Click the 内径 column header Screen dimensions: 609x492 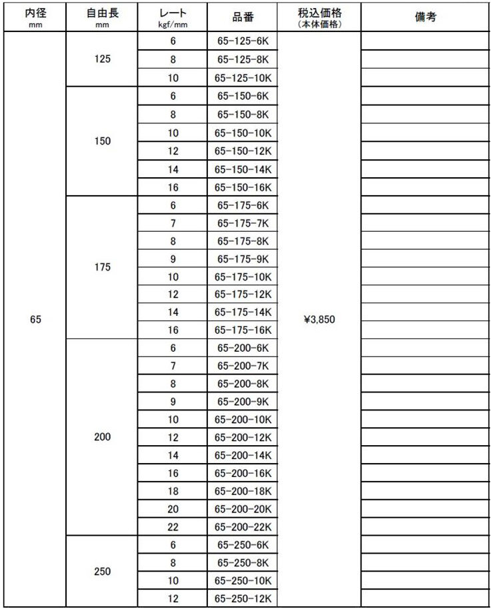coord(36,17)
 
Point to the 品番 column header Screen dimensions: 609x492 coord(243,17)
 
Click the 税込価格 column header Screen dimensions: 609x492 coord(318,17)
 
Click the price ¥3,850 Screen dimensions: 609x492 coord(319,320)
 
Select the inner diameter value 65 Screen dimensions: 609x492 coord(36,320)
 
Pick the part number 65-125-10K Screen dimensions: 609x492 coord(243,77)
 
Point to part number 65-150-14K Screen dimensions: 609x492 coord(243,169)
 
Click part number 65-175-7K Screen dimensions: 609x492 coord(243,223)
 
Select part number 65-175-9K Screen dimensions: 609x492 coord(243,259)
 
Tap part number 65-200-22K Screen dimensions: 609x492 coord(243,527)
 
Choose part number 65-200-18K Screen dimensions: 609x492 coord(243,491)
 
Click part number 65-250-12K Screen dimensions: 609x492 coord(243,599)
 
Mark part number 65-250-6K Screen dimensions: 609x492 coord(243,545)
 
